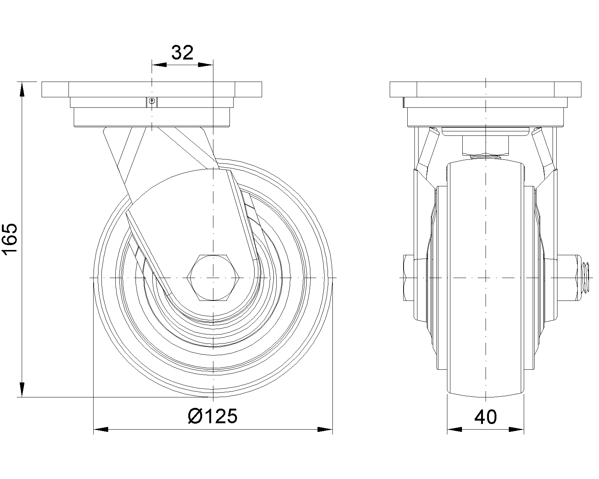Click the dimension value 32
click(x=182, y=53)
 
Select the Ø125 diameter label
click(x=213, y=417)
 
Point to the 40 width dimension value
click(x=486, y=417)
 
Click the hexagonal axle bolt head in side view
click(x=213, y=278)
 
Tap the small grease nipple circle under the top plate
click(x=152, y=101)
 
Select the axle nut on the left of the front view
click(x=408, y=278)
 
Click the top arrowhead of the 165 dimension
click(x=22, y=89)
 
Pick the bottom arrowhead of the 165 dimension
click(x=22, y=390)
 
